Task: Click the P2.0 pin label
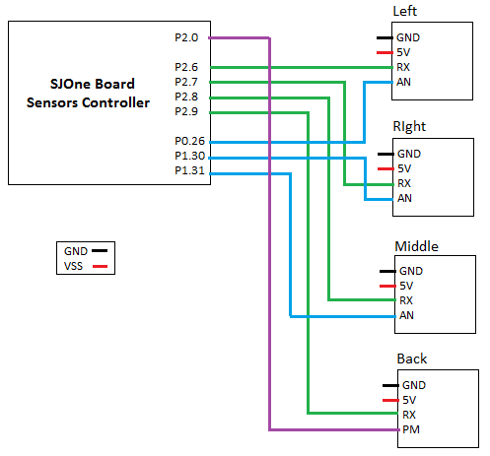pyautogui.click(x=186, y=37)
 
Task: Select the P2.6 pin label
pyautogui.click(x=186, y=67)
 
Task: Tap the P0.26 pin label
pyautogui.click(x=189, y=141)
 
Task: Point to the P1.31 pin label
pyautogui.click(x=189, y=170)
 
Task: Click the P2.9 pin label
pyautogui.click(x=186, y=111)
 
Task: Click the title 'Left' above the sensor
pyautogui.click(x=405, y=12)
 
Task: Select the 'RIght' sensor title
pyautogui.click(x=409, y=127)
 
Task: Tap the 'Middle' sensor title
pyautogui.click(x=416, y=246)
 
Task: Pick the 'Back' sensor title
pyautogui.click(x=412, y=358)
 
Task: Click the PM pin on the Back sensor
pyautogui.click(x=411, y=429)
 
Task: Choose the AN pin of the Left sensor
pyautogui.click(x=403, y=82)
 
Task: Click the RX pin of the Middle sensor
pyautogui.click(x=406, y=300)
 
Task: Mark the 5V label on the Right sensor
pyautogui.click(x=404, y=168)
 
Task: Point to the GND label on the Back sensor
pyautogui.click(x=414, y=385)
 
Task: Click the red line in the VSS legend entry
pyautogui.click(x=100, y=266)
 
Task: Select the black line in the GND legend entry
pyautogui.click(x=100, y=251)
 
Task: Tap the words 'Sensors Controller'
pyautogui.click(x=88, y=102)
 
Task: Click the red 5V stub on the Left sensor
pyautogui.click(x=385, y=52)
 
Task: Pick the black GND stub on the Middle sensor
pyautogui.click(x=387, y=271)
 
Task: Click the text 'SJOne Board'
pyautogui.click(x=93, y=84)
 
